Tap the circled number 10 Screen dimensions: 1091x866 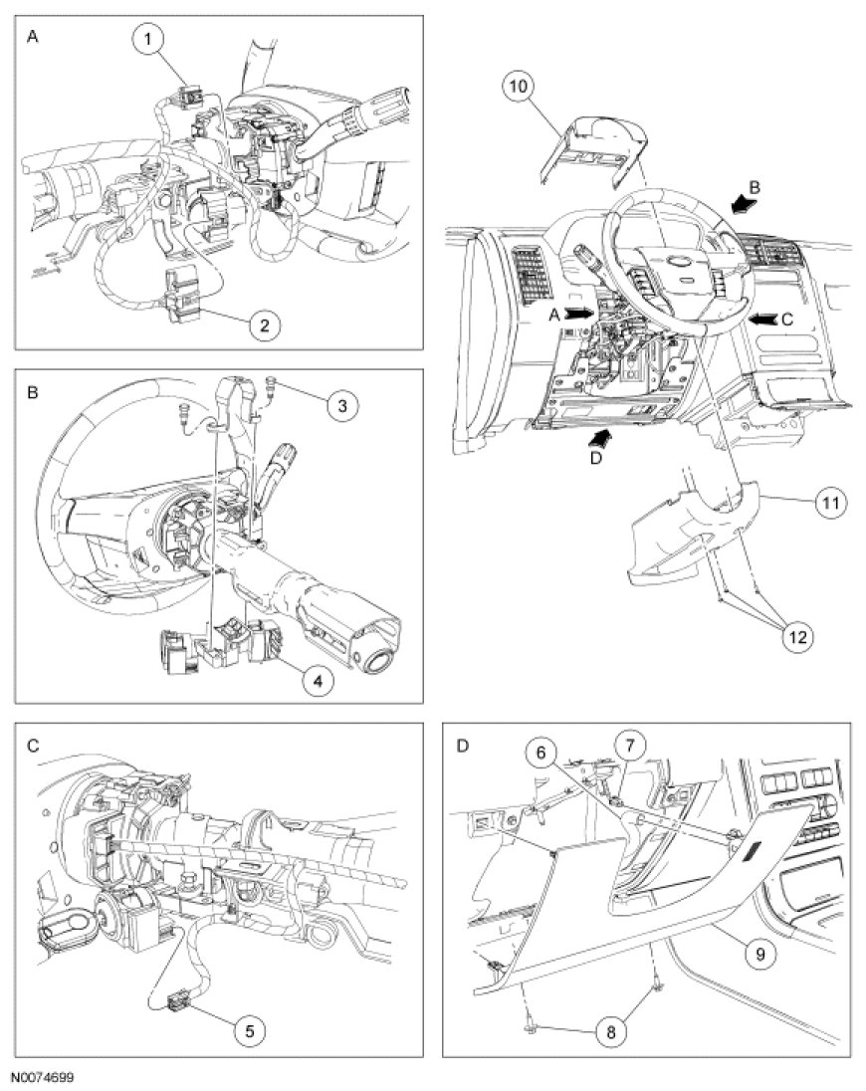coord(521,88)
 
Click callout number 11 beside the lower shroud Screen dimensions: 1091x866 coord(826,504)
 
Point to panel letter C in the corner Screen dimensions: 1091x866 coord(34,745)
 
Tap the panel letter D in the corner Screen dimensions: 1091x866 coord(462,744)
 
